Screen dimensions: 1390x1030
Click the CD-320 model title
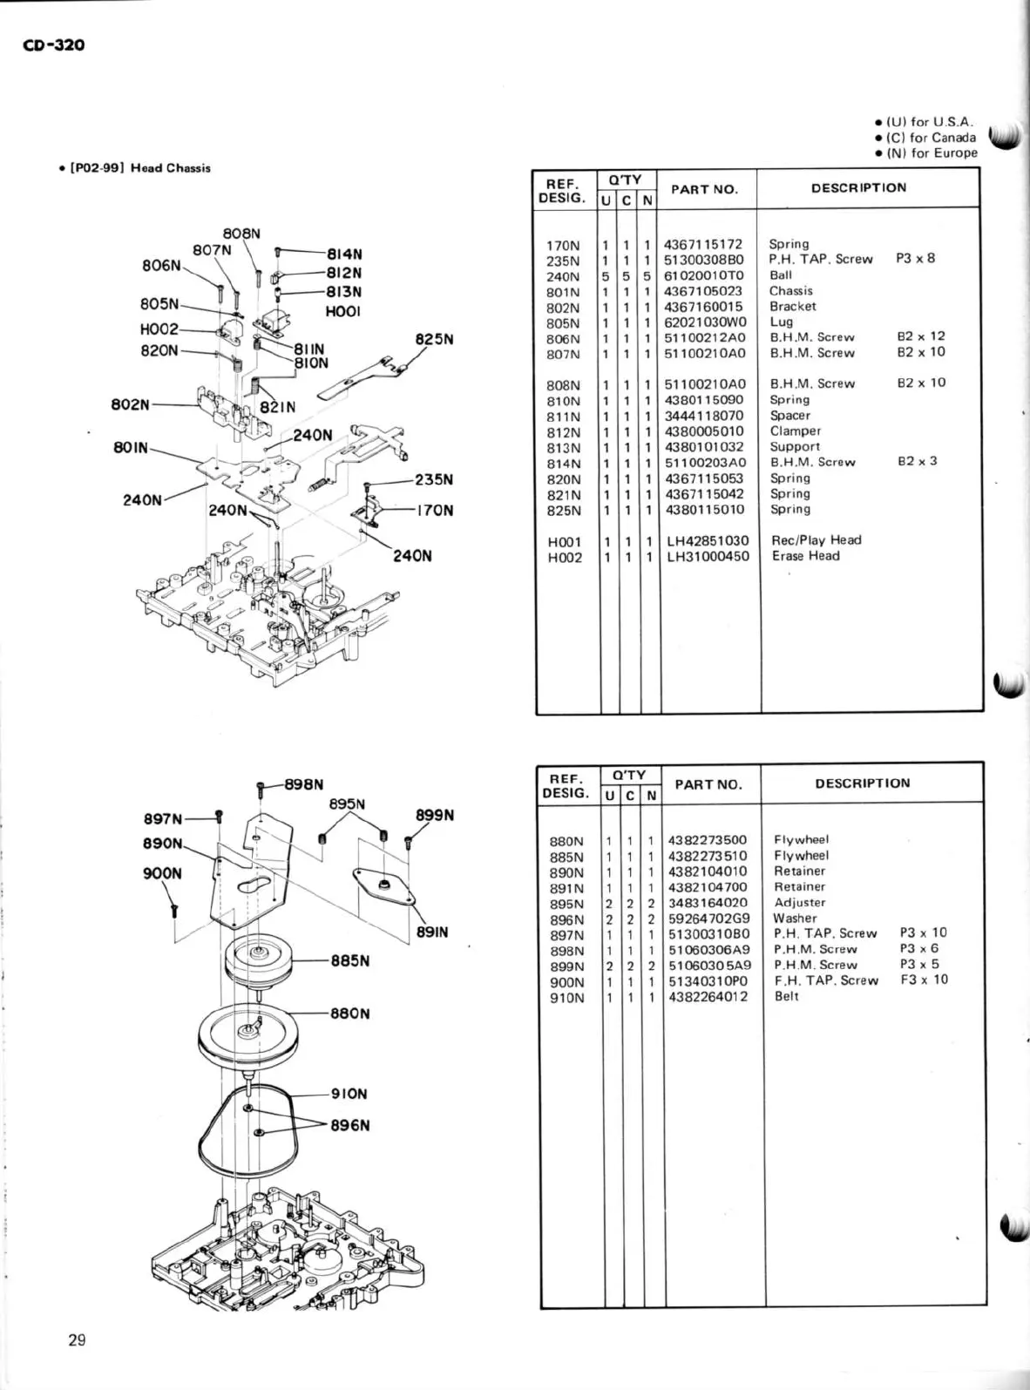[53, 44]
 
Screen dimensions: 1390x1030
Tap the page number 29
[77, 1341]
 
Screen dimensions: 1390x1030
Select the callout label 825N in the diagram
[435, 340]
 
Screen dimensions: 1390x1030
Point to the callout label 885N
[350, 961]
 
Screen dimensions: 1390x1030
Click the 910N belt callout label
[349, 1094]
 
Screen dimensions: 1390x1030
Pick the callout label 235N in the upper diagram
[434, 479]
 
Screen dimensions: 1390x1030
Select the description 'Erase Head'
[805, 556]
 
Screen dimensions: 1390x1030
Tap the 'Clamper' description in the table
[795, 431]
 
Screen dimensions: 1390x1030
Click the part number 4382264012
[707, 997]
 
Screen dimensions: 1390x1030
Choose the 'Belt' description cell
[786, 996]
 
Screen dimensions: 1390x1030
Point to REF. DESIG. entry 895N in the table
[566, 904]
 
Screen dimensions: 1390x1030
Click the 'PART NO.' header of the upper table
[704, 189]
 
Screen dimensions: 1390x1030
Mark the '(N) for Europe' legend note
[932, 153]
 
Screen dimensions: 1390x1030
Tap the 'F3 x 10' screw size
[923, 980]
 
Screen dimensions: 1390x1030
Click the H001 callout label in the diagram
[342, 311]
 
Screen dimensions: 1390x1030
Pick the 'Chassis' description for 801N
[790, 291]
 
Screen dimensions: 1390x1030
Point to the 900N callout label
[162, 874]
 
